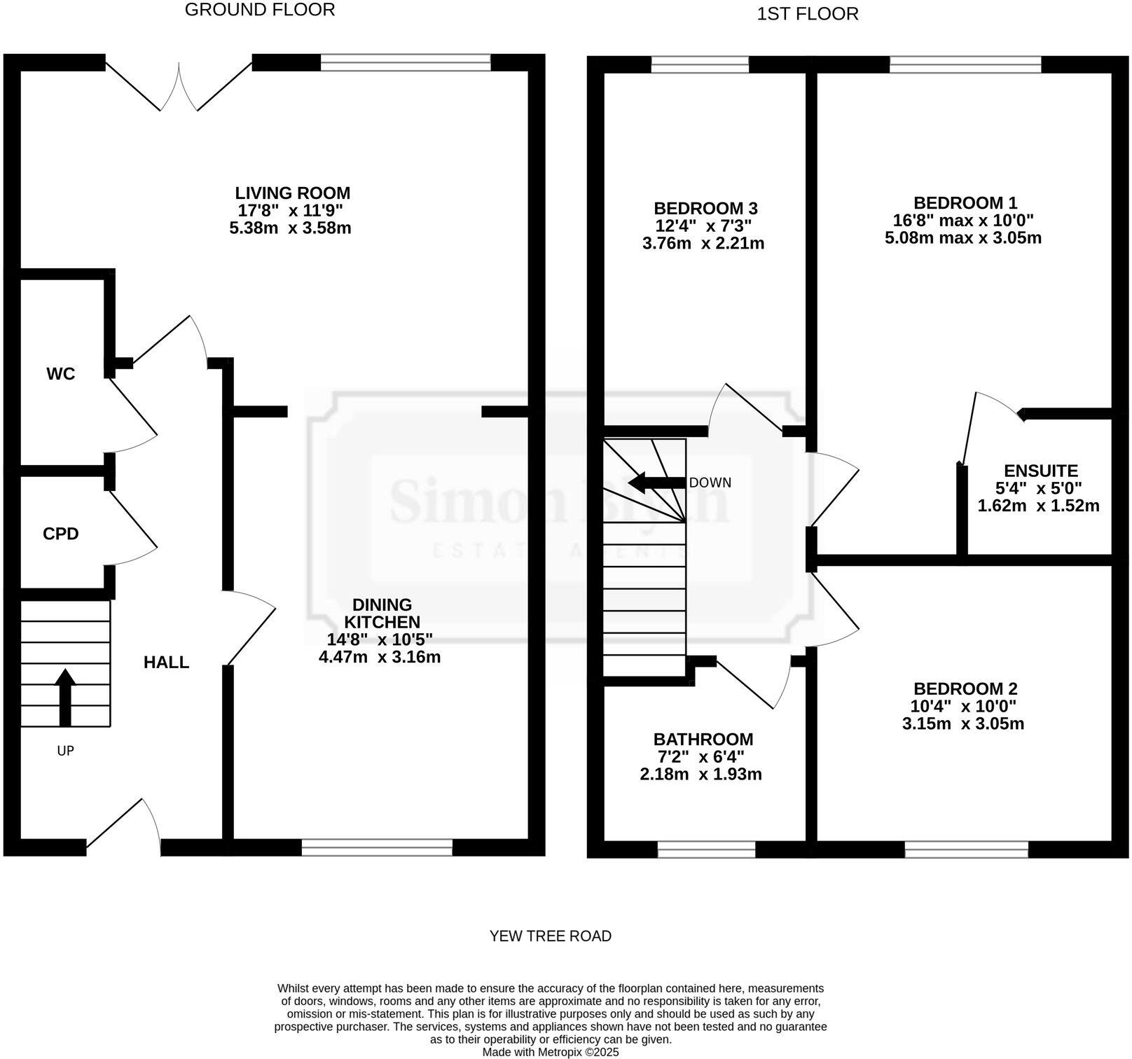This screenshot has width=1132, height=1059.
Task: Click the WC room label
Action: point(61,374)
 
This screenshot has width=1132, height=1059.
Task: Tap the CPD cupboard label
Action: point(61,534)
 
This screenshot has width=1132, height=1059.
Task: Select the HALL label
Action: point(166,663)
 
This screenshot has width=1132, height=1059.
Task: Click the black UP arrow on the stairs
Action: point(65,697)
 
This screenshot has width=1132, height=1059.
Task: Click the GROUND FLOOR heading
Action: point(260,10)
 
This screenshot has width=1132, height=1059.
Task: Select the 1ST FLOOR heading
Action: point(808,14)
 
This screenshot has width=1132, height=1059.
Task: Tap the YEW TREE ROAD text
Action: point(550,936)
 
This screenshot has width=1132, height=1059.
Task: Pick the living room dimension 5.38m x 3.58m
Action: point(290,228)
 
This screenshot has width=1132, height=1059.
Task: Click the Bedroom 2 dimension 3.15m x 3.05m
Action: point(963,724)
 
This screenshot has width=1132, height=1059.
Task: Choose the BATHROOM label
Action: point(703,739)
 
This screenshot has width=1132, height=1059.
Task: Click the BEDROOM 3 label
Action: point(705,208)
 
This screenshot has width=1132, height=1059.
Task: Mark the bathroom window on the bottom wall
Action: point(706,850)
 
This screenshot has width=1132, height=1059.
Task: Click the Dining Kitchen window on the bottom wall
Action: point(377,847)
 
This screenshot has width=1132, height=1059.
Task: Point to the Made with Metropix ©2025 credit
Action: point(551,1052)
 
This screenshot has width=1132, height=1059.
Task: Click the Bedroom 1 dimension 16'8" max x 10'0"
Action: point(963,221)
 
